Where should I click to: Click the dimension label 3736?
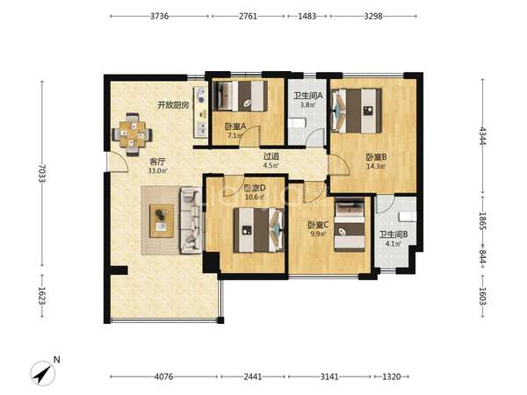(159, 16)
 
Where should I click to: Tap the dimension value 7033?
(42, 173)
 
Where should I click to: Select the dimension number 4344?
(483, 136)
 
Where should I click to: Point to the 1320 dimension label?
(392, 377)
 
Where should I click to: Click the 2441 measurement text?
(253, 377)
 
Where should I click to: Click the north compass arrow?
(43, 373)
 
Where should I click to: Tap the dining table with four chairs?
(132, 134)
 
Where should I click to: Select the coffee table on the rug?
(162, 220)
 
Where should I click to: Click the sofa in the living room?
(191, 220)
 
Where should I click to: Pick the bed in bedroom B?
(357, 111)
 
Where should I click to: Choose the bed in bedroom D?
(259, 230)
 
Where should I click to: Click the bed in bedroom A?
(241, 96)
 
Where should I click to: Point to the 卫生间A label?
(308, 96)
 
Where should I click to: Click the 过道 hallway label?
(271, 156)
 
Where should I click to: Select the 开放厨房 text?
(173, 105)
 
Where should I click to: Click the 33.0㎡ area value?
(157, 170)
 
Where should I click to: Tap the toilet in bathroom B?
(408, 216)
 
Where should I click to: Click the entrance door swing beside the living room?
(118, 162)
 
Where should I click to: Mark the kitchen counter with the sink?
(201, 111)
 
